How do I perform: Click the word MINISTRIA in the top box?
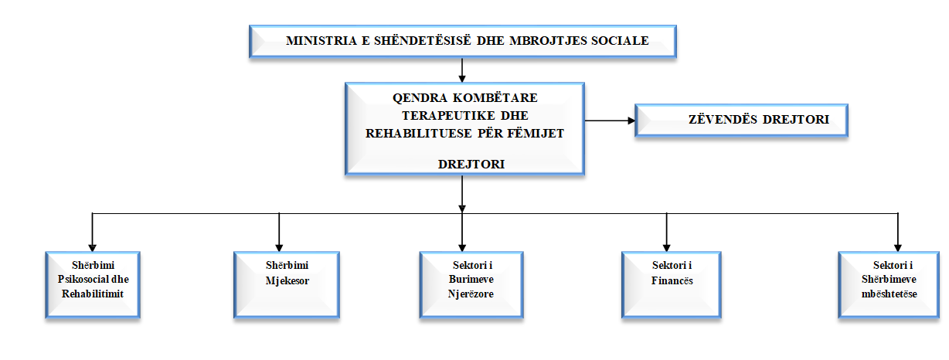(321, 41)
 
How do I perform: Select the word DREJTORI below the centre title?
(471, 165)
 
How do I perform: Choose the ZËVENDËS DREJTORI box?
(741, 121)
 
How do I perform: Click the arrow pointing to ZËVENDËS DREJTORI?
(610, 121)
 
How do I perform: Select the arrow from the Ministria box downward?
(462, 70)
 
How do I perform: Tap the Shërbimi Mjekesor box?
(287, 284)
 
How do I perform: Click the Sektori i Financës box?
(672, 284)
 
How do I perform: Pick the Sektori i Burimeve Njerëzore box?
(471, 284)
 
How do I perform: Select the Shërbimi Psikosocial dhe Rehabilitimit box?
(93, 284)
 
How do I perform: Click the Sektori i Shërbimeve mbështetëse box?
(889, 284)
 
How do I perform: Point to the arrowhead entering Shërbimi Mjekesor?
(279, 248)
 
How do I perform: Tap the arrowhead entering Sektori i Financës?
(667, 248)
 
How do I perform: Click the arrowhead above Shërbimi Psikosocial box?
(93, 248)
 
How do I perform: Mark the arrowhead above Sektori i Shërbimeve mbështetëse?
(898, 248)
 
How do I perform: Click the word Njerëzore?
(471, 294)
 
